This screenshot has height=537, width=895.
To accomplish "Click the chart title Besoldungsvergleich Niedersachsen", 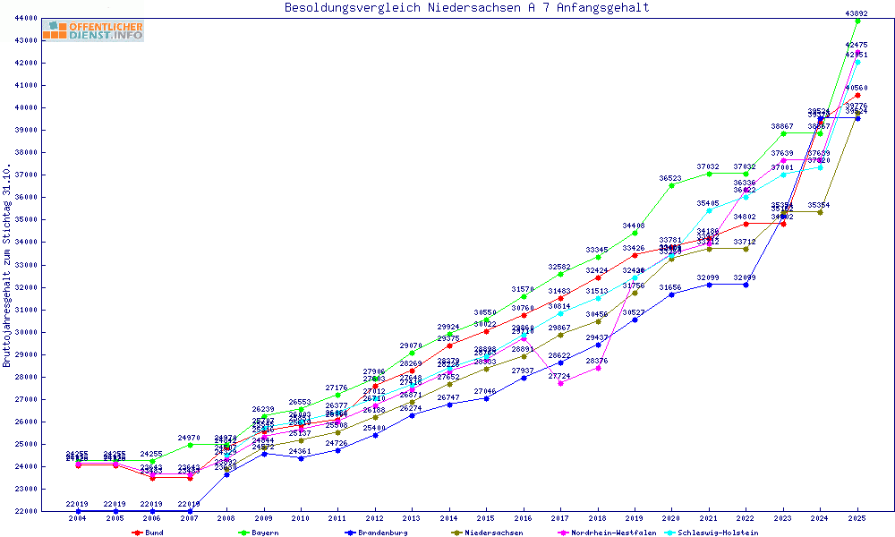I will tap(466, 8).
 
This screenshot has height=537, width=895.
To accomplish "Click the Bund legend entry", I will tap(153, 533).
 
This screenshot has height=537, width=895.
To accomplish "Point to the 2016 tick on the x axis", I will tap(524, 518).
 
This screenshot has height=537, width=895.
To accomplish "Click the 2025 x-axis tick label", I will tap(857, 518).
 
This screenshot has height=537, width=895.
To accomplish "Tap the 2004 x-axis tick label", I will tap(78, 518).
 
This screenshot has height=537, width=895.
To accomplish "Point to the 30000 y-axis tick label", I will tap(25, 332).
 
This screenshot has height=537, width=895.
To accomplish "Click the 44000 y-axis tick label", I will tap(25, 18).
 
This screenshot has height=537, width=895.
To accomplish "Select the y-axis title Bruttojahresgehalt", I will tap(7, 265).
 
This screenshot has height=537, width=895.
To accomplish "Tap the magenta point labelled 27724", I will tap(560, 383).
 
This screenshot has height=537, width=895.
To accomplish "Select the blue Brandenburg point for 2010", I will tap(301, 458).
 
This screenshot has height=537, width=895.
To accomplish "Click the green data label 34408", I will tap(635, 226).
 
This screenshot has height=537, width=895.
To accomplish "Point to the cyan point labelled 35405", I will tap(709, 211).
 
